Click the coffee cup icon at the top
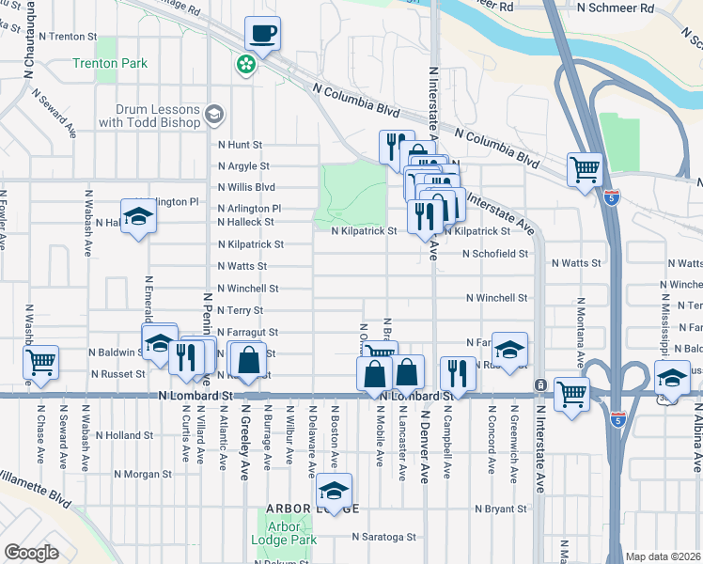click(x=262, y=33)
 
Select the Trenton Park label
click(x=110, y=64)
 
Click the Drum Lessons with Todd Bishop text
click(x=150, y=116)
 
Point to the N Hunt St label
click(x=239, y=145)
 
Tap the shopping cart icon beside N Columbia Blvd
click(x=585, y=170)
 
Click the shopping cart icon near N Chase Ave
click(x=41, y=361)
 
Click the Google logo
click(x=31, y=553)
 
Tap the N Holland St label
click(x=123, y=435)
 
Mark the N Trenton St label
click(x=67, y=37)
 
